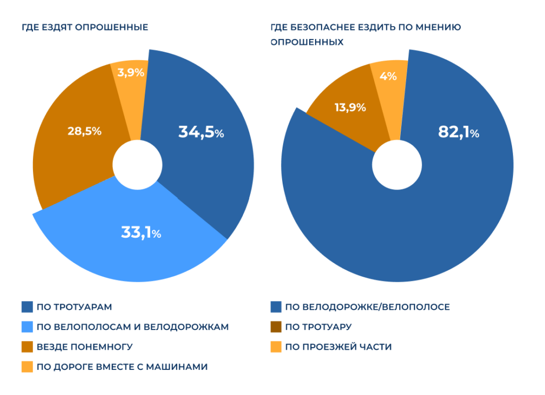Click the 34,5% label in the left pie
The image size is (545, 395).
click(201, 132)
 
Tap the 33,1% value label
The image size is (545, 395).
click(141, 232)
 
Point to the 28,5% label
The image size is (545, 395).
click(84, 131)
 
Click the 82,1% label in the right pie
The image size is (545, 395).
click(458, 132)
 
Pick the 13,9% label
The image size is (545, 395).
click(350, 107)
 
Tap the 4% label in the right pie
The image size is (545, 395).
click(388, 76)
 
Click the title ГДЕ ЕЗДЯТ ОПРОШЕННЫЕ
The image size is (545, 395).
click(85, 27)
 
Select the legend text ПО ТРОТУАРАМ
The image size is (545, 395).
click(74, 307)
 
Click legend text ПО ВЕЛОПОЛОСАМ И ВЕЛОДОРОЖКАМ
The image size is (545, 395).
click(133, 327)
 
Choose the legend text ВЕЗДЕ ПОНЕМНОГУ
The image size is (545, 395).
click(85, 347)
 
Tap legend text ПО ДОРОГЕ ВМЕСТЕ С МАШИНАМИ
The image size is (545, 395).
click(122, 367)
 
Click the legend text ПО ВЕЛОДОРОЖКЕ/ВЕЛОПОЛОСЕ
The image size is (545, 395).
click(367, 307)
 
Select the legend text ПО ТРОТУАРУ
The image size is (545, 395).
click(318, 327)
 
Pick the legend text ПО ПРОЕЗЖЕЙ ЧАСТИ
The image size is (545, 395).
click(338, 347)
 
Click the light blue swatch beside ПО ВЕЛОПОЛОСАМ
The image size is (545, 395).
click(28, 327)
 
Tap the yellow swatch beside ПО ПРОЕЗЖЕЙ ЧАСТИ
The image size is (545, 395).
click(276, 347)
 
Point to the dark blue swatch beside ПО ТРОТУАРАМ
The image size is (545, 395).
click(28, 307)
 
